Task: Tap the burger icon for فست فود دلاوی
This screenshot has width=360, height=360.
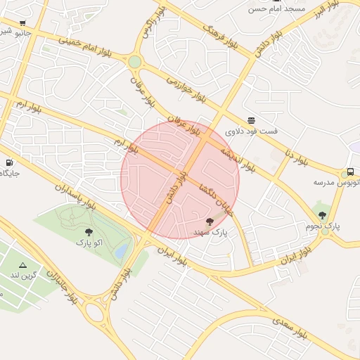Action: tap(251, 120)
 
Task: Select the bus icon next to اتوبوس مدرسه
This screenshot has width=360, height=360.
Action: tap(350, 172)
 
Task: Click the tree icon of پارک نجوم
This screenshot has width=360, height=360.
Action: tap(323, 215)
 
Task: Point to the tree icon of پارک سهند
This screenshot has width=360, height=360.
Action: tap(210, 222)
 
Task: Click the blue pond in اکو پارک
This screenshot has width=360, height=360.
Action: tap(122, 250)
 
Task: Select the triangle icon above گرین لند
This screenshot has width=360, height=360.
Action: tap(23, 265)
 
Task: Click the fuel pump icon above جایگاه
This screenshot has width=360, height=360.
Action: tap(9, 162)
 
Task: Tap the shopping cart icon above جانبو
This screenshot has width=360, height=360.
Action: tap(23, 22)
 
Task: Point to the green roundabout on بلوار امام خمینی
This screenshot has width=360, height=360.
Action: tap(134, 62)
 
